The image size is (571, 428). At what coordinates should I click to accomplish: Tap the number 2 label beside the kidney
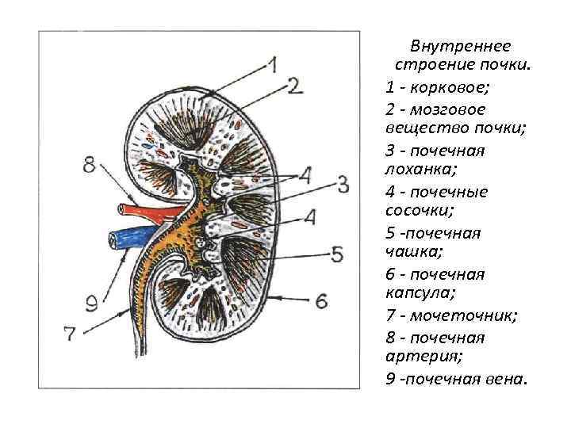tap(296, 85)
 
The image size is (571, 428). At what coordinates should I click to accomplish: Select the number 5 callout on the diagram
tap(337, 254)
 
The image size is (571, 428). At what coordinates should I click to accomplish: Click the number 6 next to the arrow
tap(321, 300)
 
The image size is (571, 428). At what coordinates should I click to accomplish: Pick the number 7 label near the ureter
tap(71, 334)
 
